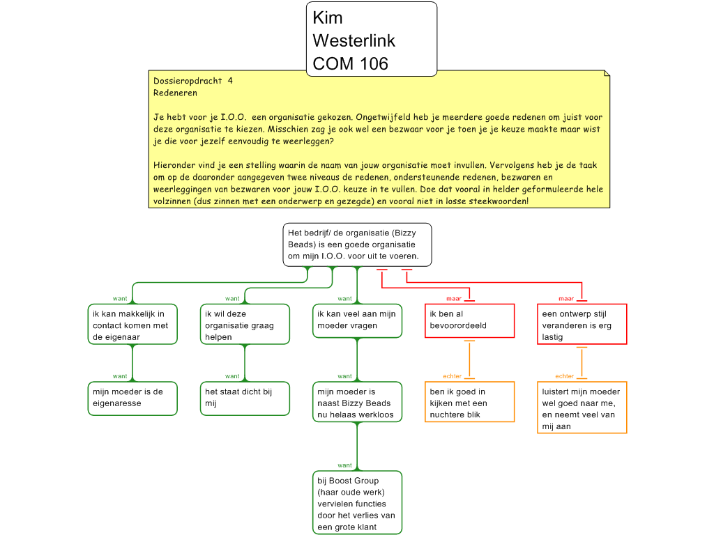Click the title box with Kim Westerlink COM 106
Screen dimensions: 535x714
371,39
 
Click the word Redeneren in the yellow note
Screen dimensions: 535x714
175,93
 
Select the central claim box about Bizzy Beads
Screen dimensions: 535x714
357,245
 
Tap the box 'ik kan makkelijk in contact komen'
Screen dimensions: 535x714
132,325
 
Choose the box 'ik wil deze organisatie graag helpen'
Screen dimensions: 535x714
245,325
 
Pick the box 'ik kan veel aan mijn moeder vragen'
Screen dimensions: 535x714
357,320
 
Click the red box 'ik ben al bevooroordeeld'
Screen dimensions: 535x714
470,320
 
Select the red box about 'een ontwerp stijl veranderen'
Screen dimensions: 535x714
582,325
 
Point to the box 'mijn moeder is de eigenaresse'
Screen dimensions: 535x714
132,398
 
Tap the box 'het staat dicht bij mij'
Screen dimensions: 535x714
245,398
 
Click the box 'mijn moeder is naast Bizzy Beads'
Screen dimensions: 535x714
357,403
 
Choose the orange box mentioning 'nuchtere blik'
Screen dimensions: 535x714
470,403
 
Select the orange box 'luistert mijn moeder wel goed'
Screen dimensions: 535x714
582,408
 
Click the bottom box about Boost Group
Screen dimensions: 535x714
357,503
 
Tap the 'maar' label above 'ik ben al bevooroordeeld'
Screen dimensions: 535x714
453,299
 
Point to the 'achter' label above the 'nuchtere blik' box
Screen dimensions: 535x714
453,376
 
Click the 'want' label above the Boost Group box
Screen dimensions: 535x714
344,465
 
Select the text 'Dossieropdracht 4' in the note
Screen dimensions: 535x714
193,81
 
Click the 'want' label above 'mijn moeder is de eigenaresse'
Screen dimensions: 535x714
120,376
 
